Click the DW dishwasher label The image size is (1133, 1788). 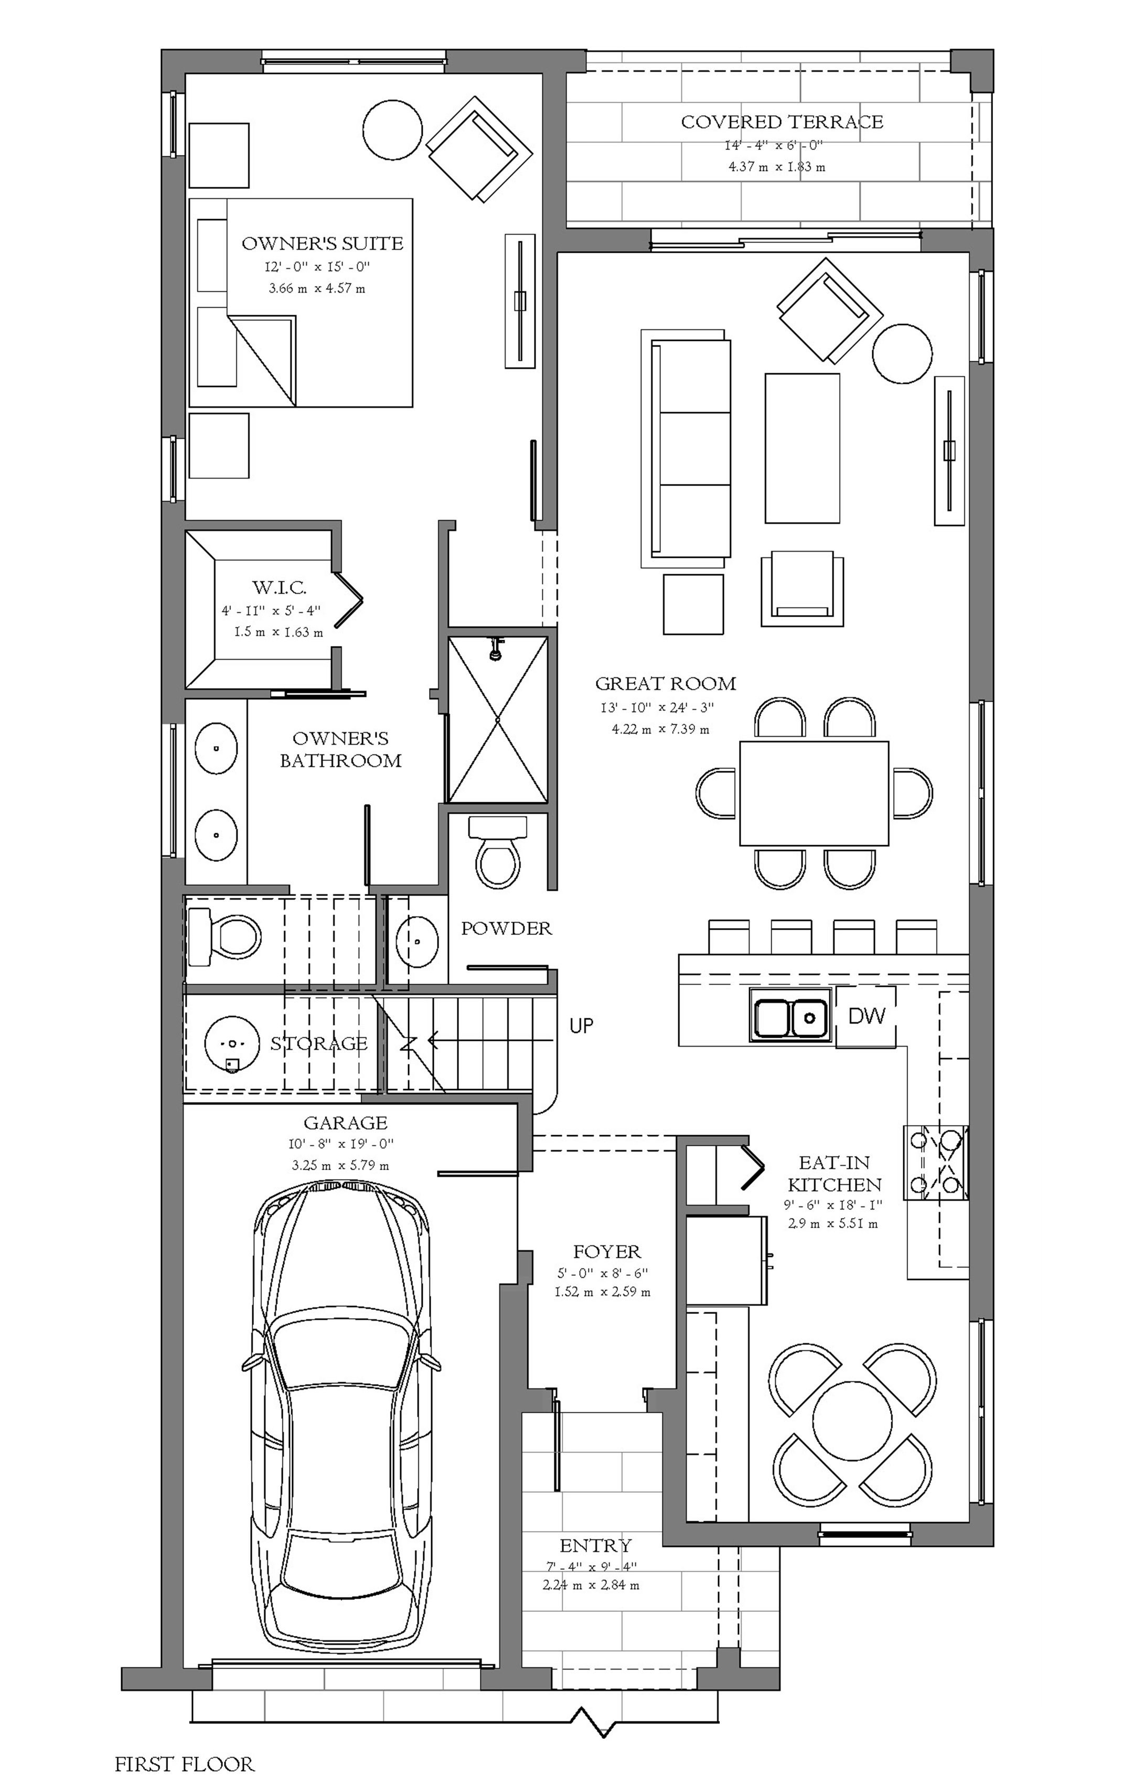click(x=867, y=1015)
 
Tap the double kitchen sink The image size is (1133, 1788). click(x=790, y=1015)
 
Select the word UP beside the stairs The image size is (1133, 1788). click(x=581, y=1026)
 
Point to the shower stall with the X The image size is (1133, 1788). click(x=497, y=719)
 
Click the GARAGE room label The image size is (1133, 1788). click(x=346, y=1123)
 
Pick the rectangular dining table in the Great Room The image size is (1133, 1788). click(x=814, y=793)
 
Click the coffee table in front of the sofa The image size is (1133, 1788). click(x=803, y=448)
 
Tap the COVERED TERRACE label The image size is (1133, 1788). click(x=782, y=122)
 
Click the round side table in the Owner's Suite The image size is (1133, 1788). click(x=392, y=128)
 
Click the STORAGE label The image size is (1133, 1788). click(x=319, y=1043)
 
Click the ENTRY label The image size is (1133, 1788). click(x=595, y=1545)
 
